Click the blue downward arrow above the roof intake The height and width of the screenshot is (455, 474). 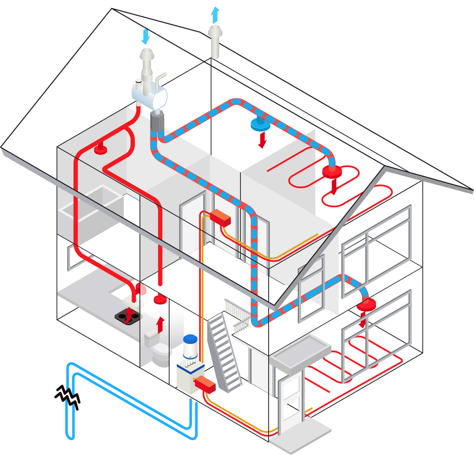[146, 36]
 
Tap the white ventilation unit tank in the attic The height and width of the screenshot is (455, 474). [149, 94]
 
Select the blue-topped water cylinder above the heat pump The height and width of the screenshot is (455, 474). [190, 346]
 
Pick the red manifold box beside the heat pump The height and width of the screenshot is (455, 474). [205, 383]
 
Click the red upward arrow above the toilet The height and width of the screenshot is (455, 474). [160, 325]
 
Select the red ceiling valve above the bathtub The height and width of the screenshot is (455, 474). [100, 149]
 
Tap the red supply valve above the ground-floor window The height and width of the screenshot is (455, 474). [366, 304]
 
